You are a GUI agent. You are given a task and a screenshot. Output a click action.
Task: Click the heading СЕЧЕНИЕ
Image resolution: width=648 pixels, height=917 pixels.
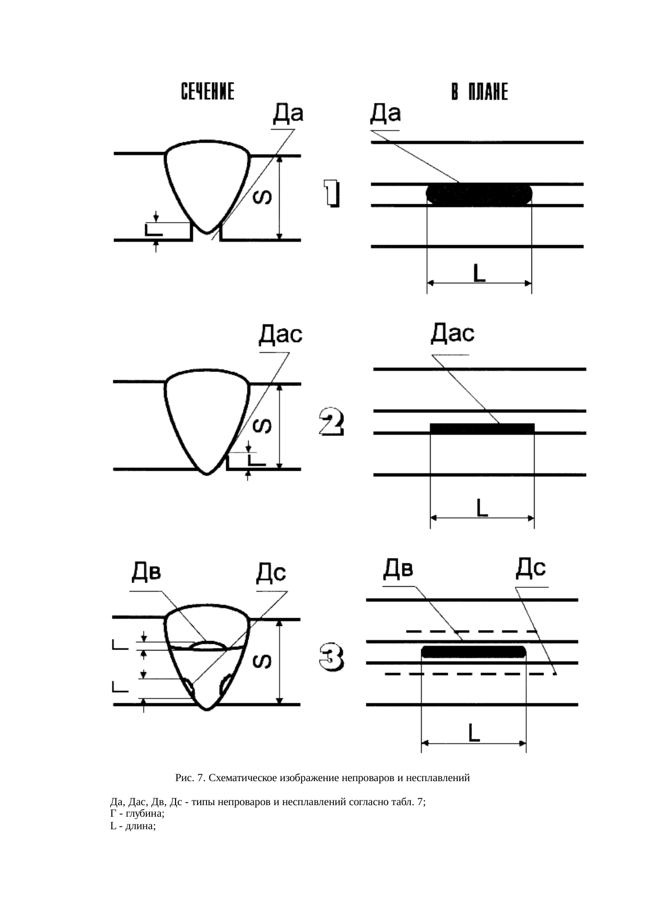click(x=207, y=91)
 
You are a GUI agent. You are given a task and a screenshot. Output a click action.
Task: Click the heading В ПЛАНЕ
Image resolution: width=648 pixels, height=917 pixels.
click(x=479, y=92)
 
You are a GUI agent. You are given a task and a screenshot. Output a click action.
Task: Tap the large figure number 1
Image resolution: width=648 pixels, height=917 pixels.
click(x=331, y=194)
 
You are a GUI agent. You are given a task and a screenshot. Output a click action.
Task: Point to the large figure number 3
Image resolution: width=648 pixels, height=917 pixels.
click(x=331, y=657)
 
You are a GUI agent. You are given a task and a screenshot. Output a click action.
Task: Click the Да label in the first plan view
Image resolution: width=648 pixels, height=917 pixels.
click(x=386, y=114)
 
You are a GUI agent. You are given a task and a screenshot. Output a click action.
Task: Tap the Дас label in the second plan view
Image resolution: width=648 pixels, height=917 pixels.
click(x=453, y=333)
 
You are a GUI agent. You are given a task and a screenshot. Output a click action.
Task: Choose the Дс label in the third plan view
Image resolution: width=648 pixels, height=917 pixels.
click(x=531, y=568)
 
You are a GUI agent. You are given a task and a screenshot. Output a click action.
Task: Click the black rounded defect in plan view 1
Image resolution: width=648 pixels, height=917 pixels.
click(x=480, y=194)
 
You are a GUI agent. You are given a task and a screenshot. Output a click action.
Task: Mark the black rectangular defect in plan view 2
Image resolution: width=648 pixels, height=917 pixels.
click(x=482, y=428)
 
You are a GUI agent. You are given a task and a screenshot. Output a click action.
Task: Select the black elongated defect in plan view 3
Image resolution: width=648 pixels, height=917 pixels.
click(x=473, y=652)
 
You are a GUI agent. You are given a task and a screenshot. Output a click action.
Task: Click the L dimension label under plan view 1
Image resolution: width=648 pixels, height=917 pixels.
click(x=479, y=273)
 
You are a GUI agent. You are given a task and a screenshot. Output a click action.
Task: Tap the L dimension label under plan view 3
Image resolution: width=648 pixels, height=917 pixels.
click(x=474, y=733)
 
